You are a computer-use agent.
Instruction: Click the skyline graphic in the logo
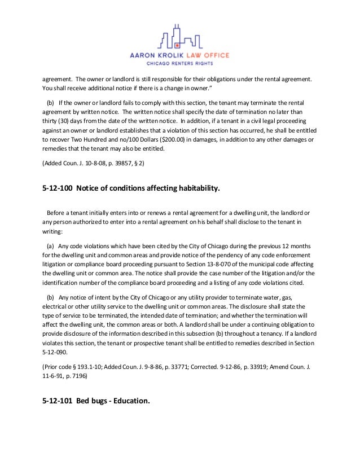[177, 40]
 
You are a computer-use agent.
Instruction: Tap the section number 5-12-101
[57, 402]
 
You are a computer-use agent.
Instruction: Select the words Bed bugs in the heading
[94, 402]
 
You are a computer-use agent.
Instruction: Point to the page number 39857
[128, 163]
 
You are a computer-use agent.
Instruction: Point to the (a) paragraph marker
[51, 247]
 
